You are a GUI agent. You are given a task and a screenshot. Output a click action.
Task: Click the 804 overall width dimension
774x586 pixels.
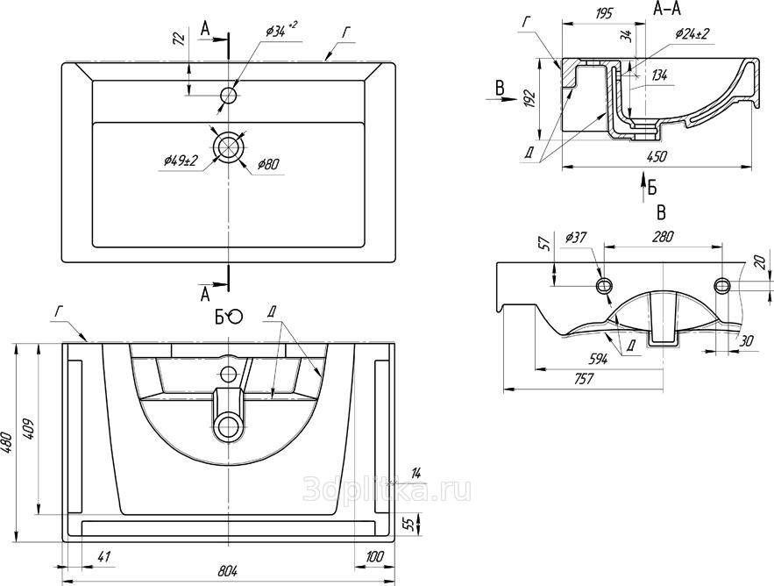[x=227, y=570]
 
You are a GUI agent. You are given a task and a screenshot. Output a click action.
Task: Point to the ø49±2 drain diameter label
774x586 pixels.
[x=181, y=160]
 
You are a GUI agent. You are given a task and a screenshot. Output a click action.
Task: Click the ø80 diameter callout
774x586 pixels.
[x=267, y=164]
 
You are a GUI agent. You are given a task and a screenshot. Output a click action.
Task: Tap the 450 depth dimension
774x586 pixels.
[x=657, y=156]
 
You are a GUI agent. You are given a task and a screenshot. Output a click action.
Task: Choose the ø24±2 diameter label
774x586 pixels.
[x=692, y=33]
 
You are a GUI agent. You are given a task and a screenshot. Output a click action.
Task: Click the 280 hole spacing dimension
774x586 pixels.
[x=662, y=237]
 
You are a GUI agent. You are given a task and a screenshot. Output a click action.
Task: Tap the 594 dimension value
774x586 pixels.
[x=599, y=358]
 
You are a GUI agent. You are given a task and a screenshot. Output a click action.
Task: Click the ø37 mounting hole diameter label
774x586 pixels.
[x=577, y=237]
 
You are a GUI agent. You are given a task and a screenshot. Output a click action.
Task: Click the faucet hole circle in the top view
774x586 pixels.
[x=229, y=95]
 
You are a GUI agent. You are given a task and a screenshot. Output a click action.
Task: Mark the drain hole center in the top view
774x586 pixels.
[x=229, y=146]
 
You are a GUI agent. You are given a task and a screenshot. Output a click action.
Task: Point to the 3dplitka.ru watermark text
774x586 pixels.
[x=387, y=490]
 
